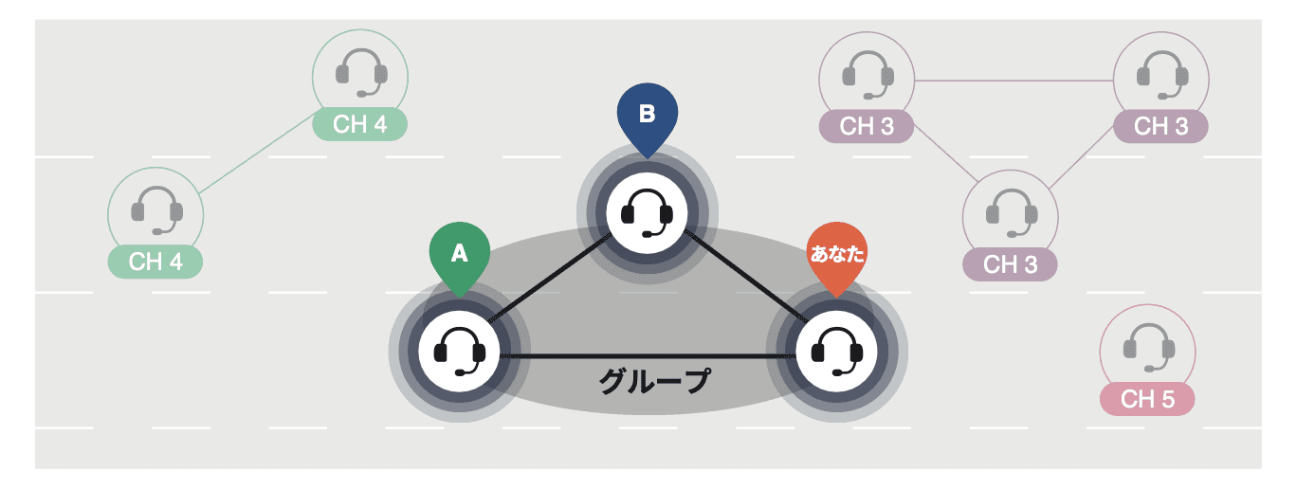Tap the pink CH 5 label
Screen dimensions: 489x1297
(x=1147, y=399)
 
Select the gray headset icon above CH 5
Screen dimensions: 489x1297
(x=1147, y=346)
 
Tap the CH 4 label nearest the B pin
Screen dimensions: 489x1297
(x=360, y=124)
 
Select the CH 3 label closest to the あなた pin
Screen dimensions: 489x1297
(x=1011, y=264)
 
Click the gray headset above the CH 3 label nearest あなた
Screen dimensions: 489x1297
(x=1011, y=211)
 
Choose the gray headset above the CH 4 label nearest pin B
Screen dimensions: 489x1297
(x=361, y=71)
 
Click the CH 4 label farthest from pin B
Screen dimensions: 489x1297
(x=155, y=262)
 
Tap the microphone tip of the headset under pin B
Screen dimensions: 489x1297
(x=646, y=233)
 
